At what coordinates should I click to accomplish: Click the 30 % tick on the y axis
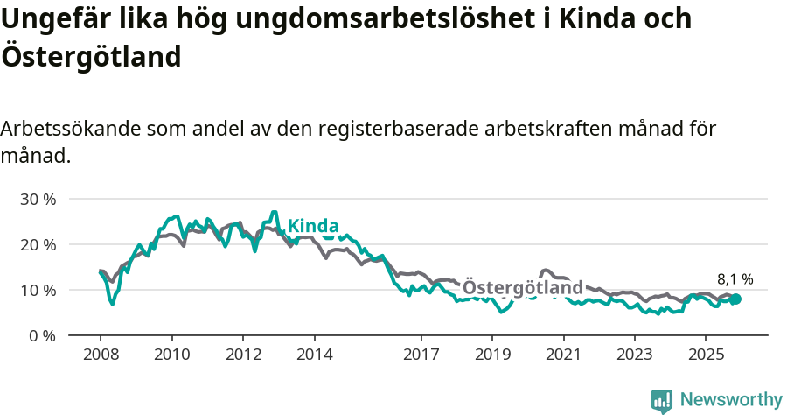point(38,199)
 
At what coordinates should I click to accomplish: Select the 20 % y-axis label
point(38,244)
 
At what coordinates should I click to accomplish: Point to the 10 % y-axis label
point(38,290)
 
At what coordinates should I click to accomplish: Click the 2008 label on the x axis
point(100,355)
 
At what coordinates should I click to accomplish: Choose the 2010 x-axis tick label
point(171,355)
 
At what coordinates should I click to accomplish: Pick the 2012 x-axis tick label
point(243,355)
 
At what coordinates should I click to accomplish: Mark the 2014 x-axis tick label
point(314,355)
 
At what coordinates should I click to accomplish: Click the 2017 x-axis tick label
point(421,355)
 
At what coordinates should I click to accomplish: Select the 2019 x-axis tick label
point(492,355)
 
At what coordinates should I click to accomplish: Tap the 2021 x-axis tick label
point(564,355)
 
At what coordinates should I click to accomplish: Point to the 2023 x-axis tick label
point(635,355)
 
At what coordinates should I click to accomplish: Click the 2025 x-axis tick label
point(707,355)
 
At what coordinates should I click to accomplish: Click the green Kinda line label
point(313,226)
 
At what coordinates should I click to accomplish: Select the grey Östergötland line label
point(522,288)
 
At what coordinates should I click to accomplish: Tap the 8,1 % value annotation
point(735,279)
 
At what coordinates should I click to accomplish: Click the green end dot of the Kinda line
point(735,299)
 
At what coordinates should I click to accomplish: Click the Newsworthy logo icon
point(662,401)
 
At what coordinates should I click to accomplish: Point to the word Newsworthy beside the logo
point(731,400)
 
